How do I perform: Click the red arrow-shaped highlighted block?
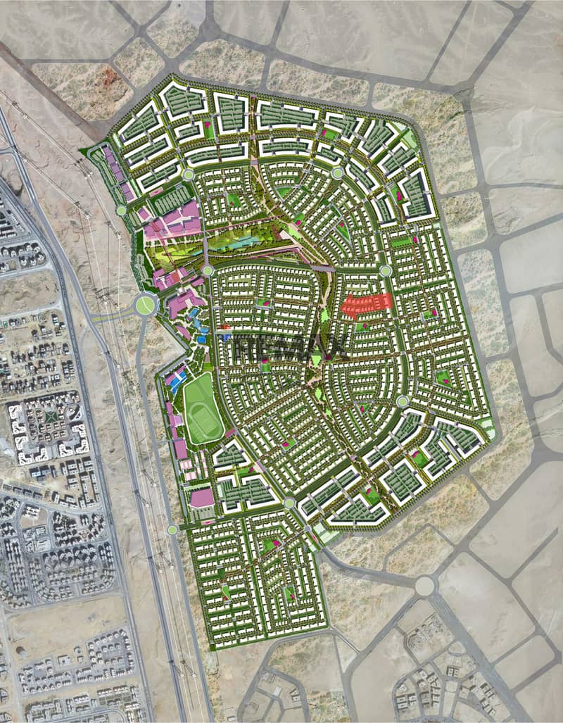(366, 304)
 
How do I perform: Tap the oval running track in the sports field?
(201, 408)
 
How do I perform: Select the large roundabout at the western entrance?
(146, 305)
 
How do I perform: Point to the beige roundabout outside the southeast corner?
(424, 585)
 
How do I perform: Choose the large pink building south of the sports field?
(202, 498)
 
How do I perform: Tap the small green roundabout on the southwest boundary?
(172, 529)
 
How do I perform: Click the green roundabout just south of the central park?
(208, 270)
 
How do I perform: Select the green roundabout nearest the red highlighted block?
(386, 271)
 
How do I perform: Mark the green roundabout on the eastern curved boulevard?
(403, 401)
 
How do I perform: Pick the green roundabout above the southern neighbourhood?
(289, 503)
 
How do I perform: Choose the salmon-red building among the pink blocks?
(172, 279)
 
